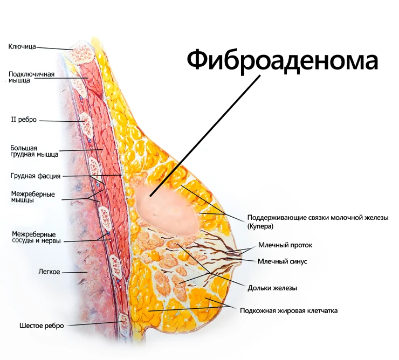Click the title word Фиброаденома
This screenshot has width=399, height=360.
[x=283, y=60]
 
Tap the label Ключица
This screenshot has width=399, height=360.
[x=22, y=47]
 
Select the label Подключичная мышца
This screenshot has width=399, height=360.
[x=32, y=77]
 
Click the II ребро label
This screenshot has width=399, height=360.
[x=24, y=120]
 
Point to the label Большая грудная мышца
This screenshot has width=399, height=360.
[x=35, y=151]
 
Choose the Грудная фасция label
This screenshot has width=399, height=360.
[x=36, y=176]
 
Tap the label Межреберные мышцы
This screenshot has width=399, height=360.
[x=33, y=197]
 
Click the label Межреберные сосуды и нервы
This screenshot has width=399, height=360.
[x=36, y=237]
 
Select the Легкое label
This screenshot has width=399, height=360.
[x=49, y=272]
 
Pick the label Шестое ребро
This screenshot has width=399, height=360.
[x=42, y=326]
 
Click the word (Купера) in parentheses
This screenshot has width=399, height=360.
[x=260, y=226]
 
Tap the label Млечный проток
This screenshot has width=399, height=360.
[x=285, y=245]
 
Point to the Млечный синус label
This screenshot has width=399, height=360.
[x=283, y=261]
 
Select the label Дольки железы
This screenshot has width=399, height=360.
[x=272, y=288]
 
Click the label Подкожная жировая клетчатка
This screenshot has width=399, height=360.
[x=289, y=310]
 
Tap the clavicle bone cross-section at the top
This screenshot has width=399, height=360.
[x=81, y=53]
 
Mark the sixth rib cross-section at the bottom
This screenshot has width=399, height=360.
[x=125, y=321]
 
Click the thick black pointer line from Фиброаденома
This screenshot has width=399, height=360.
[x=205, y=135]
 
